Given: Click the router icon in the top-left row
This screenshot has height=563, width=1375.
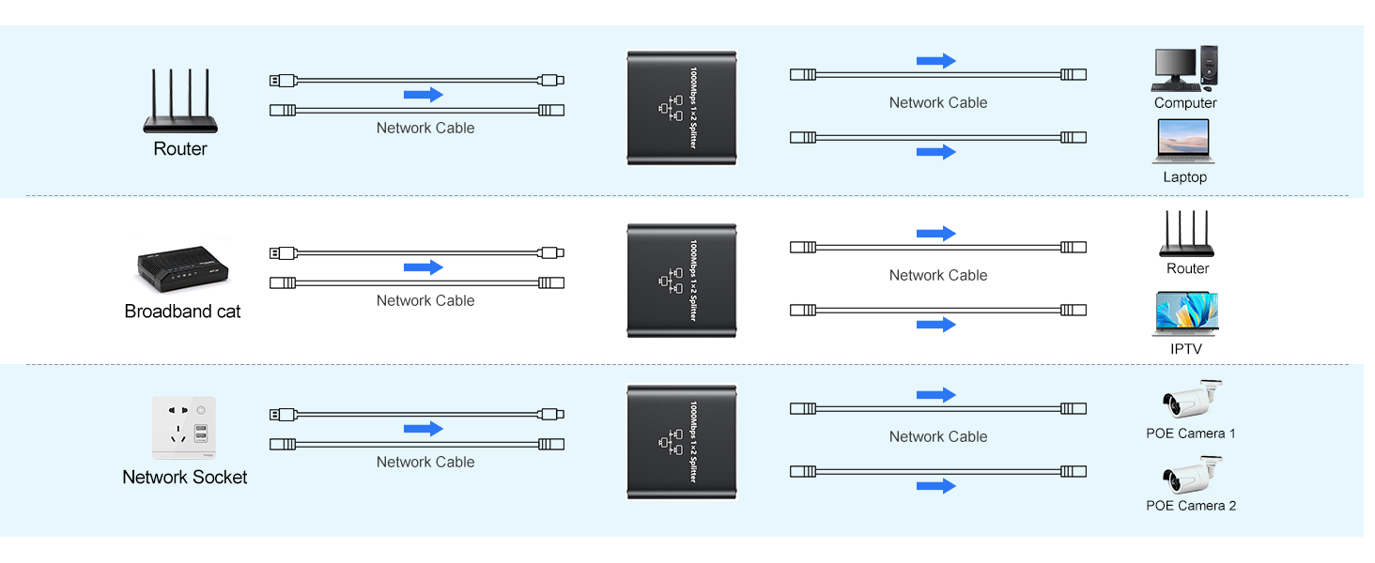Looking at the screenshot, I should [180, 101].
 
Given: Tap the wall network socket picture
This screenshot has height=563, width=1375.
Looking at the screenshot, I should [184, 428].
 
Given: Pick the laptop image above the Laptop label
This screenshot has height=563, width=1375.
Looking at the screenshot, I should [1184, 143].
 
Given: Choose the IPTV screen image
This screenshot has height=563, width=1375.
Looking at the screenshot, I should [1185, 314].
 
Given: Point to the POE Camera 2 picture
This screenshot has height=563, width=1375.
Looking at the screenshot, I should [1191, 476].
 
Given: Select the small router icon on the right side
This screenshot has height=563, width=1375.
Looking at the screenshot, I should [1187, 235].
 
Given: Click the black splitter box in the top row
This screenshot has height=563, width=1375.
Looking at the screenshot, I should [682, 108].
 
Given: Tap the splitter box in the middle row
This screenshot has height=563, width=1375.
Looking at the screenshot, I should [682, 281].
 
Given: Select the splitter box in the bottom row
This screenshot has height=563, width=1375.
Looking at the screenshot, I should [682, 441].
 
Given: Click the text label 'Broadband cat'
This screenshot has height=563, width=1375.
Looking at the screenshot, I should [182, 312].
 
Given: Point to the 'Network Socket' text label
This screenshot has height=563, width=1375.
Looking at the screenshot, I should [185, 477].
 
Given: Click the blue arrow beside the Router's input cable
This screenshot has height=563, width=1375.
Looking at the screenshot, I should [423, 95].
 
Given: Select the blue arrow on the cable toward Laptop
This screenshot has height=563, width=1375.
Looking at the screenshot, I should [935, 152].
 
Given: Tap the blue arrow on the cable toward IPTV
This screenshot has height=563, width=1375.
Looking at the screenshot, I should [935, 325].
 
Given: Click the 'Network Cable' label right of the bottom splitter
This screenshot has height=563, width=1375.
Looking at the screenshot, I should [938, 436].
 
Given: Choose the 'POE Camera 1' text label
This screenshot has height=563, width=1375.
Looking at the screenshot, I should [1191, 434].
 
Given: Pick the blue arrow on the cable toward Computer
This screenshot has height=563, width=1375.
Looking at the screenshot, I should [935, 62].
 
